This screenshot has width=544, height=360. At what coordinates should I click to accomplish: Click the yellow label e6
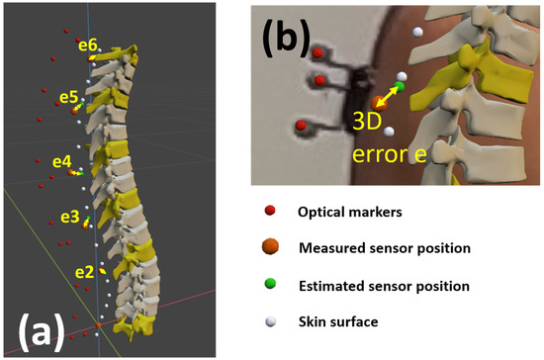[x=87, y=45]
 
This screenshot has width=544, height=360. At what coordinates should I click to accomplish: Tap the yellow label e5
[x=67, y=97]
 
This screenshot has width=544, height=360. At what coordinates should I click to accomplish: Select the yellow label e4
[x=61, y=160]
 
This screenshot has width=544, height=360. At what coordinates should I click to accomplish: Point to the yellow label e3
[x=69, y=217]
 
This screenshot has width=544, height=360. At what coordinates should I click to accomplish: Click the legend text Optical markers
[x=345, y=212]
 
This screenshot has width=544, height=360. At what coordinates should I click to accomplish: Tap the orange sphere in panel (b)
[x=377, y=103]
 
